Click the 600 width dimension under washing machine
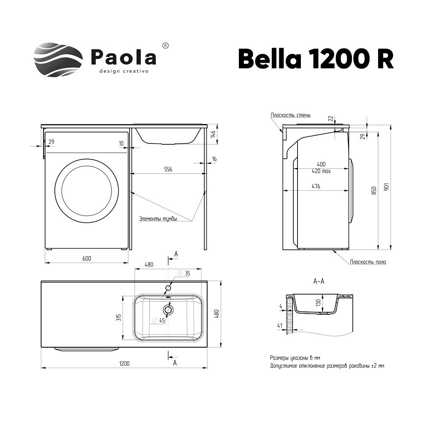tap(87, 258)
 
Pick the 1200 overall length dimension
tap(124, 363)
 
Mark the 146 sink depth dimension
tap(214, 135)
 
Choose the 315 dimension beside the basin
tap(119, 317)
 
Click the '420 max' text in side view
tap(321, 171)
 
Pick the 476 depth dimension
tap(316, 186)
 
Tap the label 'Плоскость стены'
tap(291, 115)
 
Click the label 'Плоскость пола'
tap(368, 262)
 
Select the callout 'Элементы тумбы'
tap(158, 219)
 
